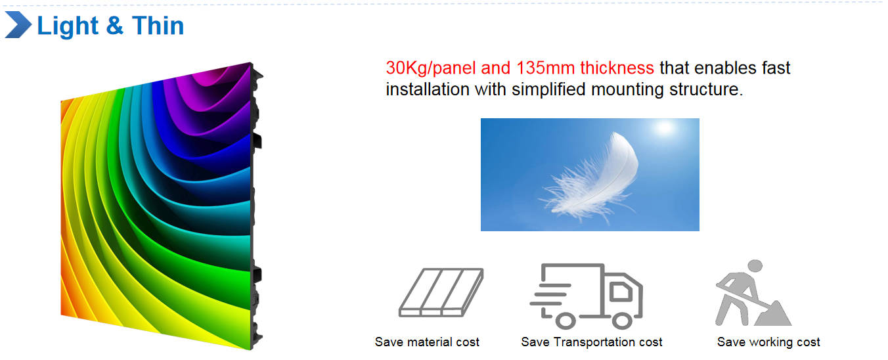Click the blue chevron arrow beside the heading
click(x=18, y=24)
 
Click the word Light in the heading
click(x=68, y=26)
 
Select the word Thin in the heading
click(x=158, y=26)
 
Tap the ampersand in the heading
click(x=114, y=26)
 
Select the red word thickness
click(x=617, y=68)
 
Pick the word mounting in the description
click(x=627, y=90)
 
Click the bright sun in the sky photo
click(x=665, y=128)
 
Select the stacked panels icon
click(x=441, y=292)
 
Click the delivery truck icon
click(x=587, y=296)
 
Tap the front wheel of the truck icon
click(x=621, y=321)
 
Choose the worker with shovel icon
click(x=753, y=293)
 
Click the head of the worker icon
click(x=755, y=265)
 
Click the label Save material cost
click(x=427, y=342)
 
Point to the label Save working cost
click(x=768, y=342)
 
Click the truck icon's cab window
click(x=621, y=292)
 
